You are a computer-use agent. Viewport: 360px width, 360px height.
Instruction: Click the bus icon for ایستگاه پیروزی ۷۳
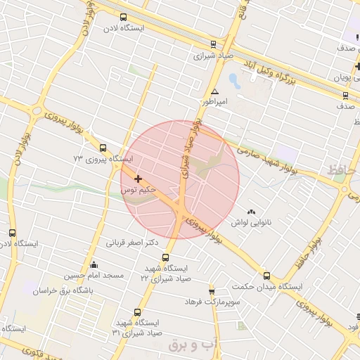point(103,148)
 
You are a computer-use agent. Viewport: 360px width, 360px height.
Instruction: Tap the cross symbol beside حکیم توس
point(138,179)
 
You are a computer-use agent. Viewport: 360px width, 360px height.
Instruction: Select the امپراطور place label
point(216,102)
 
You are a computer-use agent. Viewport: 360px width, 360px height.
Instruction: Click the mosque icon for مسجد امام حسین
point(114,264)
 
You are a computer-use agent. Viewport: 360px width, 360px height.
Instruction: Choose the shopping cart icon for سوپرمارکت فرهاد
point(212,292)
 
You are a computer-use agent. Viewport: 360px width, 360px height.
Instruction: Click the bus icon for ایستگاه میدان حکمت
point(266,276)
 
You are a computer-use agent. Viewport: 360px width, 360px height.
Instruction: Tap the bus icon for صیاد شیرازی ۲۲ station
point(166,258)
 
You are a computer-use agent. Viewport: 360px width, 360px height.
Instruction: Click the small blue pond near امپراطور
point(233,79)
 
